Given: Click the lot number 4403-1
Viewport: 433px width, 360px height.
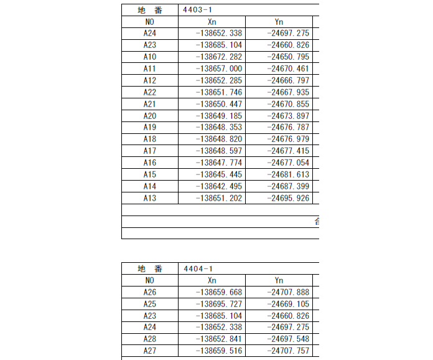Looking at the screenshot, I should (198, 10).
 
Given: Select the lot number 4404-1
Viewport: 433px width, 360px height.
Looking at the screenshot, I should (198, 268).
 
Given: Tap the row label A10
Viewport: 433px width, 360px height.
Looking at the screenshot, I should (149, 57).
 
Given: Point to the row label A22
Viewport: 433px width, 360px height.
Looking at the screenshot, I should (149, 92).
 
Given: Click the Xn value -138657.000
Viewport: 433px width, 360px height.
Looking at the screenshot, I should (218, 69).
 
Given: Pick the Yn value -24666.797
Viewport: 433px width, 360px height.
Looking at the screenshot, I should (287, 80).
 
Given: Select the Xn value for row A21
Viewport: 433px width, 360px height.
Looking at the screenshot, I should (218, 104).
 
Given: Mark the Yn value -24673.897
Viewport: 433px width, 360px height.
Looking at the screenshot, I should (287, 116).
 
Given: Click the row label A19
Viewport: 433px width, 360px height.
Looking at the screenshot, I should (149, 128).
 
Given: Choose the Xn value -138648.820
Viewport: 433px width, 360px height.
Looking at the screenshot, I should (218, 139).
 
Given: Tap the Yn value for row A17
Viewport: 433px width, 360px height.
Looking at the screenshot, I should (287, 151).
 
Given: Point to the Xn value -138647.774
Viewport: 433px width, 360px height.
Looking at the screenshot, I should (218, 163).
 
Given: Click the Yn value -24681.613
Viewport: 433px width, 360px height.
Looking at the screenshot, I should (287, 174).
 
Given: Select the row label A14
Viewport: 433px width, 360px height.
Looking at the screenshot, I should (149, 186).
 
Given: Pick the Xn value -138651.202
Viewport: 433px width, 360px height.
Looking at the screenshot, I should (218, 198).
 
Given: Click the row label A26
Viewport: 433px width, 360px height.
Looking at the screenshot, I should (149, 292).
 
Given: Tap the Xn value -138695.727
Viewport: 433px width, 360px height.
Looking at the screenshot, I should (218, 304).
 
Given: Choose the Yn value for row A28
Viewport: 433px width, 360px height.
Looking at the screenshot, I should (287, 339).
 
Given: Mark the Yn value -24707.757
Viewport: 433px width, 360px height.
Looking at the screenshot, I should (287, 351).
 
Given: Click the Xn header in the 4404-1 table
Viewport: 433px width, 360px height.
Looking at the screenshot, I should (212, 280).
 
